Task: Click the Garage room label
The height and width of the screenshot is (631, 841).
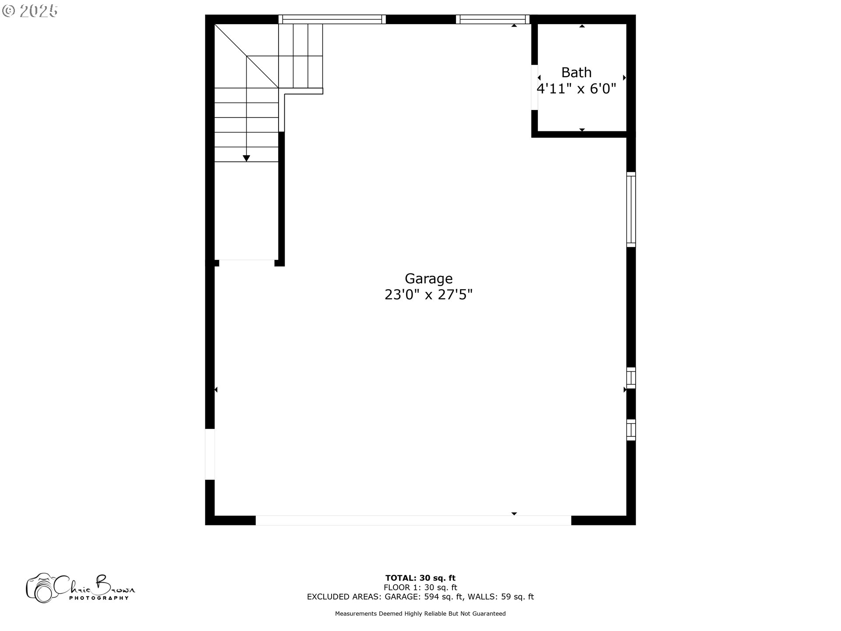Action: (x=428, y=279)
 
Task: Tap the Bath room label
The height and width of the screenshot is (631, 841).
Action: (x=576, y=72)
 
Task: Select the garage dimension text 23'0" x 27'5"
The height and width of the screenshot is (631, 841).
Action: (x=428, y=294)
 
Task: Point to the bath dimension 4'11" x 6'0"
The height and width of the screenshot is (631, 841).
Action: (x=576, y=89)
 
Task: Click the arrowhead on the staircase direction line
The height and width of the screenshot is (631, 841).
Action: (x=247, y=158)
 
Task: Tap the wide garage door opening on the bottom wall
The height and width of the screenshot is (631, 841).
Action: (x=413, y=520)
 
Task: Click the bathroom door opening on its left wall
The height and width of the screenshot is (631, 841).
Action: (x=534, y=87)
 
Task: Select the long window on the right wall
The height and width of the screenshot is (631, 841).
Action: (x=631, y=209)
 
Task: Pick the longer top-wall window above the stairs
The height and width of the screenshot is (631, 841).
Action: (x=332, y=19)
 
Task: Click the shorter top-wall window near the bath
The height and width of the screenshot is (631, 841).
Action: (x=493, y=19)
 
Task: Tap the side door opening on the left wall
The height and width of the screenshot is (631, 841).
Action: (x=210, y=454)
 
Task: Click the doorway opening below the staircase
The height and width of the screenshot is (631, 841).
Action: (x=247, y=262)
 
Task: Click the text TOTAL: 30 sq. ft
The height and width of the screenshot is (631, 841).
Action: (x=420, y=578)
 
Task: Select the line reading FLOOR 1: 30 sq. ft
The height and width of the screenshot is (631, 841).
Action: (x=420, y=587)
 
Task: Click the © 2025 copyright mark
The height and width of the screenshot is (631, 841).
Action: (x=30, y=11)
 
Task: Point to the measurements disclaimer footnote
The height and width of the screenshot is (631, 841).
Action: (x=420, y=613)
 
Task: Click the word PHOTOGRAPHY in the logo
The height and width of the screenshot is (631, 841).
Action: (x=99, y=598)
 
